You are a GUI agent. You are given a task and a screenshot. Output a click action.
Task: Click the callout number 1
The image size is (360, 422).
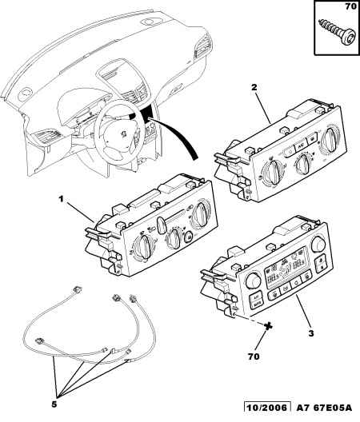[61, 200]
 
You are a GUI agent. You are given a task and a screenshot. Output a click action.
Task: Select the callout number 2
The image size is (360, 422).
[254, 87]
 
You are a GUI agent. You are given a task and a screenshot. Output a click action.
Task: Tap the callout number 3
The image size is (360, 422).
[311, 334]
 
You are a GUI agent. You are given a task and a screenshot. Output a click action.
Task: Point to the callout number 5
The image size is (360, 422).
[54, 404]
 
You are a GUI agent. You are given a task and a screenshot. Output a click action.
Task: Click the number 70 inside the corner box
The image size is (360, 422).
[351, 6]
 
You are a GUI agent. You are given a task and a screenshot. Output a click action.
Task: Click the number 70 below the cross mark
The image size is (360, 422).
[254, 356]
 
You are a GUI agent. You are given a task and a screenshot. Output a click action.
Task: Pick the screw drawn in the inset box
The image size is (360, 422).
[336, 32]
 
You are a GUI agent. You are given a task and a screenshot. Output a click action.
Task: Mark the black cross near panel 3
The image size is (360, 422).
[268, 326]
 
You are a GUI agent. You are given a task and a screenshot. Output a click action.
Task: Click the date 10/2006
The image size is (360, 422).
[267, 408]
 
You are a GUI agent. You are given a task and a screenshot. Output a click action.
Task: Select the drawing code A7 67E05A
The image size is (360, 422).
[324, 408]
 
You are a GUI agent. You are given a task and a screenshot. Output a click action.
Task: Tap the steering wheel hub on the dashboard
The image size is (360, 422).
[123, 133]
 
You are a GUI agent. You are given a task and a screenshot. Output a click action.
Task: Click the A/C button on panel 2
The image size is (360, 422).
[301, 146]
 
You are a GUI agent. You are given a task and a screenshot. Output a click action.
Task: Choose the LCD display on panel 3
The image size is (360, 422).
[285, 271]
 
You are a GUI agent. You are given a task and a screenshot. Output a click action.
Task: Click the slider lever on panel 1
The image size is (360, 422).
[162, 224]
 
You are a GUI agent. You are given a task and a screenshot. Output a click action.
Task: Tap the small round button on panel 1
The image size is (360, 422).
[188, 237]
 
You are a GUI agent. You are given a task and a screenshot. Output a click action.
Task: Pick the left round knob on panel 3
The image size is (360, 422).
[253, 281]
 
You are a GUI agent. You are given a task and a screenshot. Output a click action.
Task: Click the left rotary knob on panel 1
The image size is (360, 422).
[144, 246]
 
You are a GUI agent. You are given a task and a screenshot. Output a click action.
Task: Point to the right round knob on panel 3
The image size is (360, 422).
[318, 244]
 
